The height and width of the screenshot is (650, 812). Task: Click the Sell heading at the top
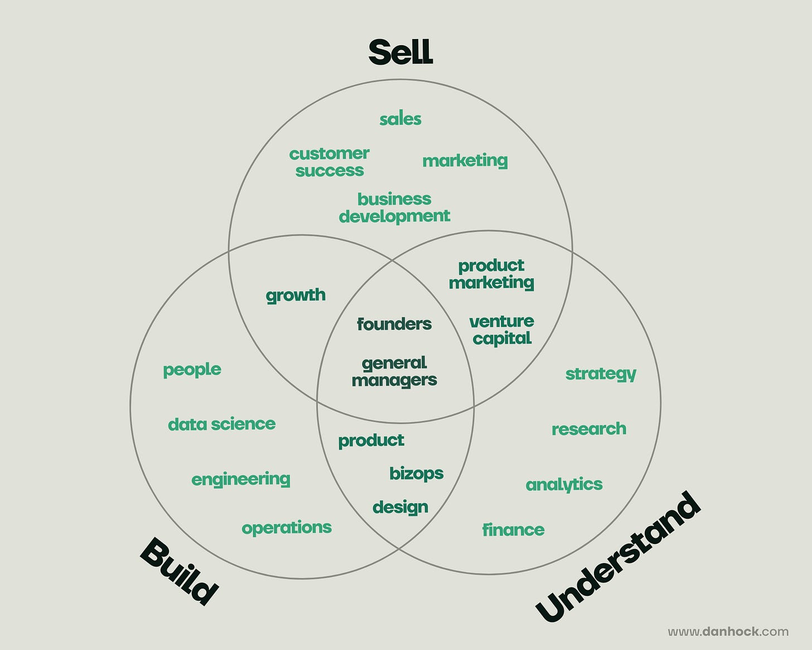tap(400, 52)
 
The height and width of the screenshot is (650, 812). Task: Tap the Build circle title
tap(179, 571)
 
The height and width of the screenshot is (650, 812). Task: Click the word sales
tap(400, 119)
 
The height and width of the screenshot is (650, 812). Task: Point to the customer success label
tap(329, 162)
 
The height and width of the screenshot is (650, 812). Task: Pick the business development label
tap(394, 208)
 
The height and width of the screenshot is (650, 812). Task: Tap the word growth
tap(296, 295)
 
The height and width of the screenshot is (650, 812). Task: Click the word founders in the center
tap(394, 324)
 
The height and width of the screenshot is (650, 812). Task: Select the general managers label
tap(394, 372)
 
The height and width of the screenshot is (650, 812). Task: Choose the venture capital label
tap(501, 330)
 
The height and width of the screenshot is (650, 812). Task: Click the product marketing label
tap(491, 274)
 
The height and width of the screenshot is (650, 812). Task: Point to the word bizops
tap(417, 474)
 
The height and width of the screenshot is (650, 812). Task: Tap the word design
tap(400, 507)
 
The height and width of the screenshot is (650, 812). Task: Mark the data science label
tap(221, 424)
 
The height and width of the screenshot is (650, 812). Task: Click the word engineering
tap(241, 479)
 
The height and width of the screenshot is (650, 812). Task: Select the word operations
tap(287, 528)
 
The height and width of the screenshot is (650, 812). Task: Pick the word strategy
tap(601, 374)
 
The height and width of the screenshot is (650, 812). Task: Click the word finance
tap(513, 529)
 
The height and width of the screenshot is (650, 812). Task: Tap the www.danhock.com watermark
tap(728, 632)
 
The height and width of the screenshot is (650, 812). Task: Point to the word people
tap(192, 370)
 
